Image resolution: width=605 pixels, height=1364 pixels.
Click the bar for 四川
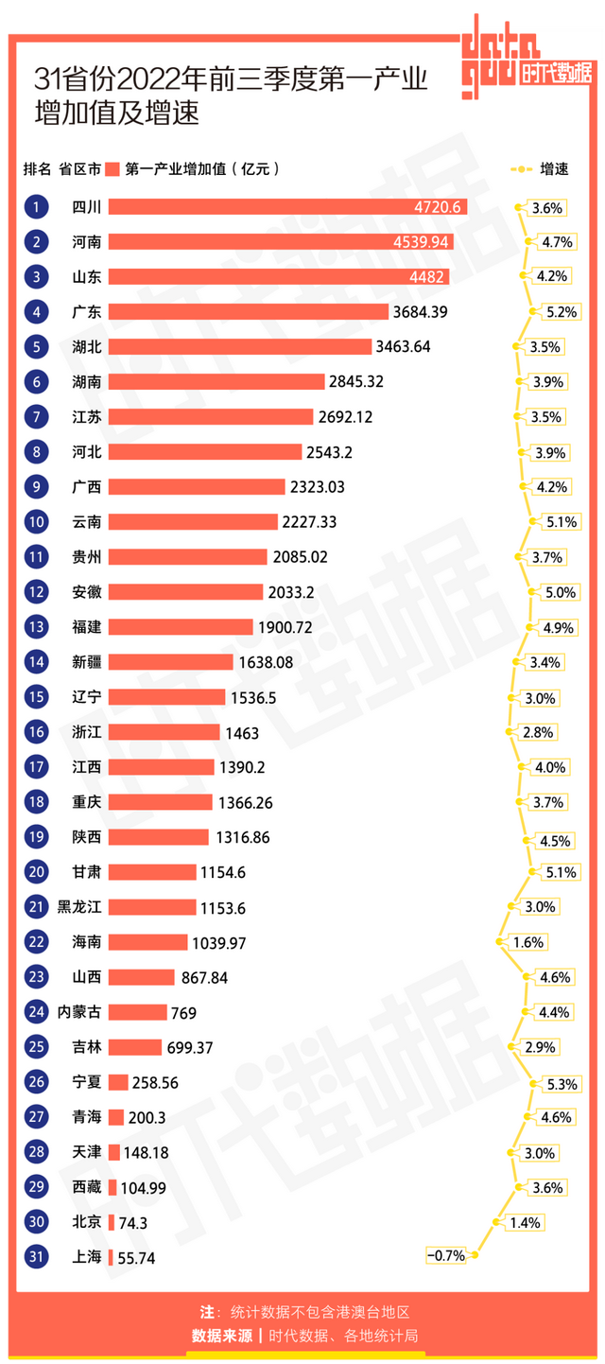(x=287, y=207)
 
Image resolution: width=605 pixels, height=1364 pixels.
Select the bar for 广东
(x=249, y=312)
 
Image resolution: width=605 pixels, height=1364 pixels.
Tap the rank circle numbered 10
(x=36, y=522)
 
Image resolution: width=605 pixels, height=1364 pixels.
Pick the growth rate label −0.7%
(x=446, y=1256)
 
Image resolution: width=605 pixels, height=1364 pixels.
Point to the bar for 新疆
(x=170, y=662)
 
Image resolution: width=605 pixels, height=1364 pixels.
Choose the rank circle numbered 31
(x=36, y=1257)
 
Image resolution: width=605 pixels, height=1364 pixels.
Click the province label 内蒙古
(x=79, y=1012)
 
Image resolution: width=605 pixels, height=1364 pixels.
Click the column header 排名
(x=37, y=169)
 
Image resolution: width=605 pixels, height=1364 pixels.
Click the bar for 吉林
(x=135, y=1047)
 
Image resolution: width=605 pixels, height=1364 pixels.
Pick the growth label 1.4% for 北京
(x=525, y=1223)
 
